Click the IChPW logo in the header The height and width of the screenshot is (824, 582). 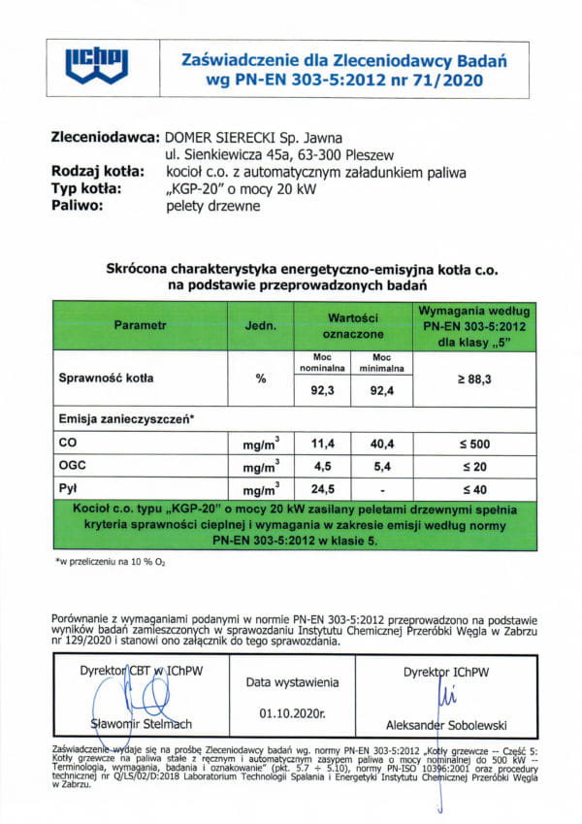tap(96, 65)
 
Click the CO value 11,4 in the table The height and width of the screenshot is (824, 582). tap(322, 443)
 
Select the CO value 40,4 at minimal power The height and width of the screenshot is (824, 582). tap(384, 443)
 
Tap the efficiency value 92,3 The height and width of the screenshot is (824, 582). tap(322, 391)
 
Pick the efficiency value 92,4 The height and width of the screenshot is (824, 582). tap(384, 391)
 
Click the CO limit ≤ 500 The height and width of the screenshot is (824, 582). tap(472, 443)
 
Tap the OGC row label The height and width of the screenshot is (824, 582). tap(73, 465)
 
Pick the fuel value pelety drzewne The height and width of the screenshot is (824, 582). tap(212, 206)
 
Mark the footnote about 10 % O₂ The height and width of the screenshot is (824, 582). tap(96, 562)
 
